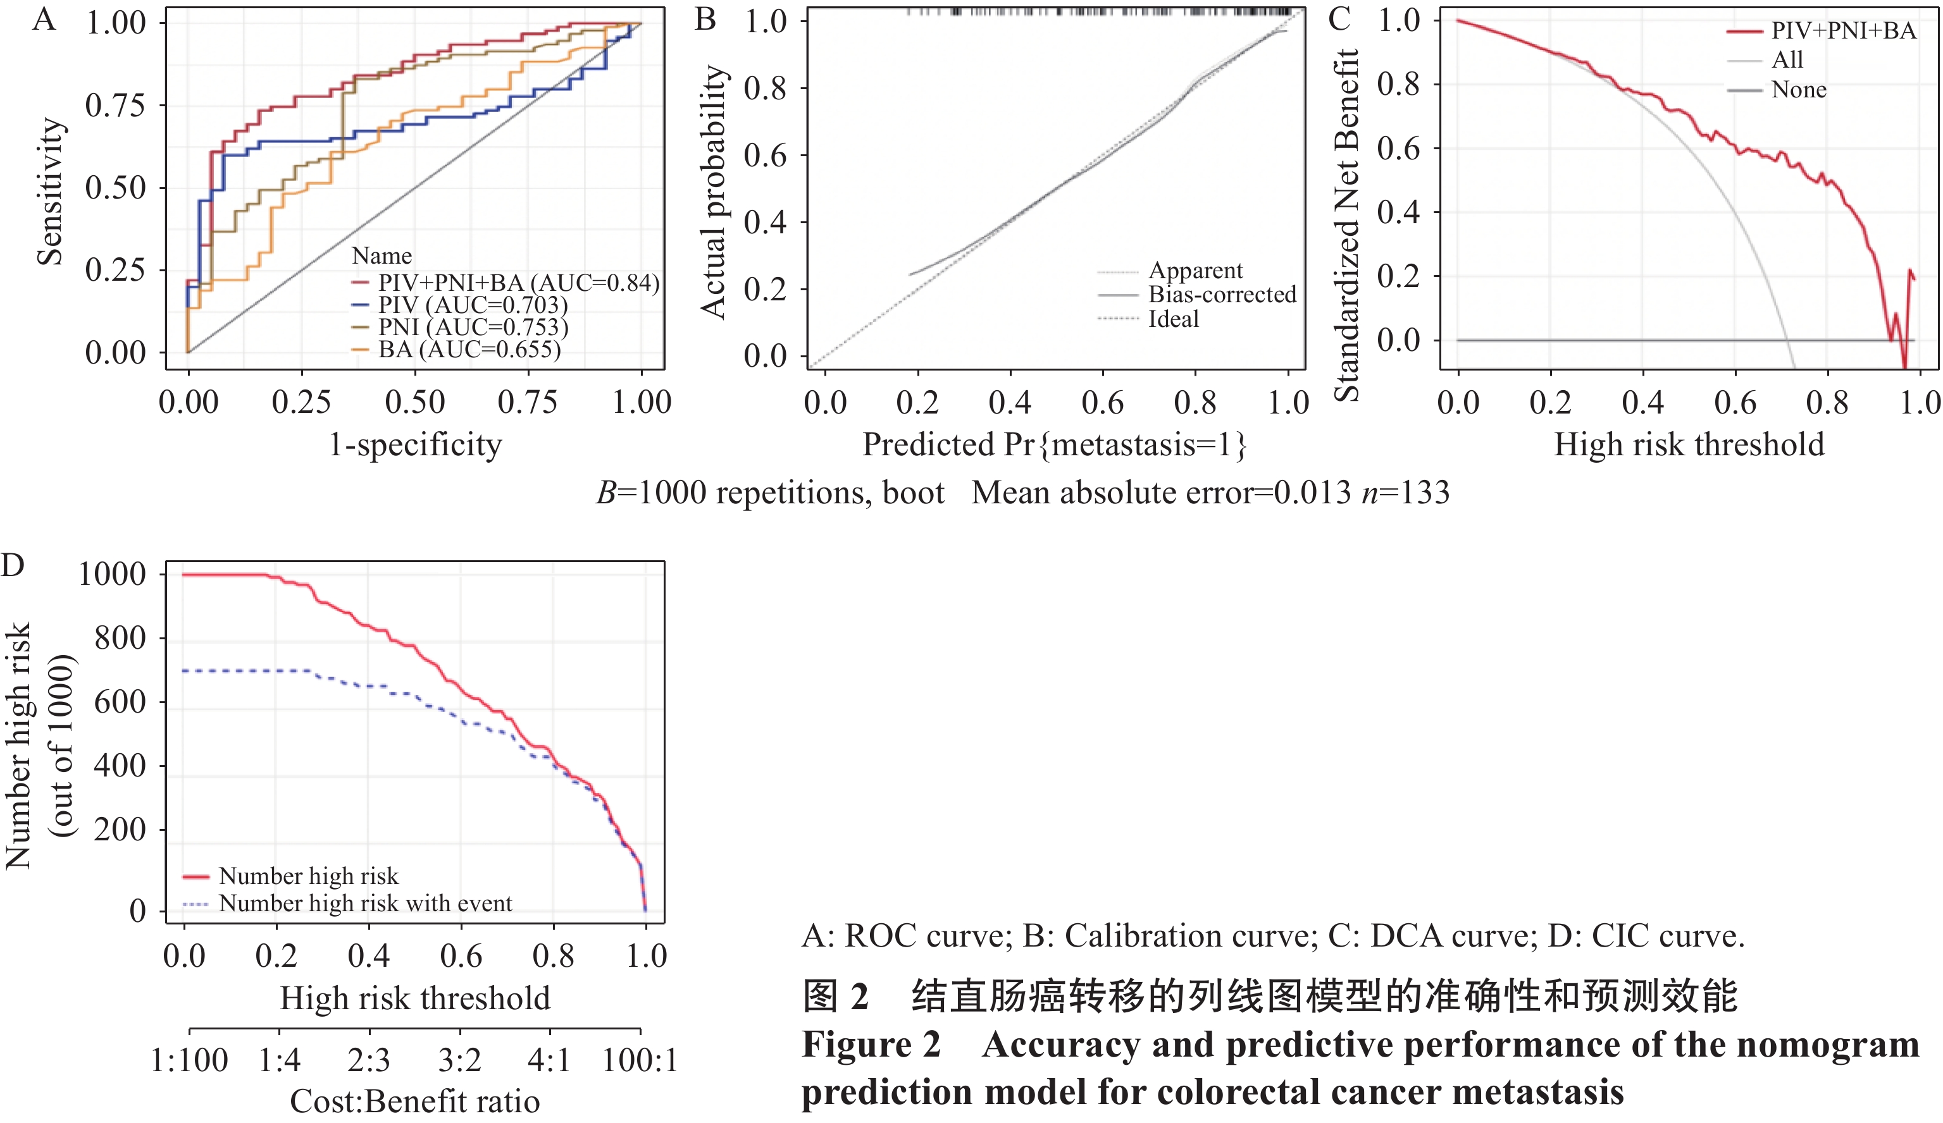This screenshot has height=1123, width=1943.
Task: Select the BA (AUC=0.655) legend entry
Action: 469,350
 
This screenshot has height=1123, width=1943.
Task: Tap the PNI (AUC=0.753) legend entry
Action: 473,328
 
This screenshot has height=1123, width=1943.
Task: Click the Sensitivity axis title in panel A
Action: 50,191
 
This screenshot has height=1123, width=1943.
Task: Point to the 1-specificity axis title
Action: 415,445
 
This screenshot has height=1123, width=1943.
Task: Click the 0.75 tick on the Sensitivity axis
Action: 115,105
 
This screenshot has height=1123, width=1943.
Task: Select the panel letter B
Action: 705,18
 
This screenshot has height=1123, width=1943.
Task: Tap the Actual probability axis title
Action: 714,191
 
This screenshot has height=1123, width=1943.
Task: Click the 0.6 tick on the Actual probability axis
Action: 765,156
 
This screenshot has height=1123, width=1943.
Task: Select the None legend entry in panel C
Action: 1798,89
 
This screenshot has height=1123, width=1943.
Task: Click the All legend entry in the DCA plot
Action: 1787,59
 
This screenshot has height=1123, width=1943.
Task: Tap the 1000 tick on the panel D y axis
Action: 113,574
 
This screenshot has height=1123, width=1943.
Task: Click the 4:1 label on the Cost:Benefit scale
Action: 549,1060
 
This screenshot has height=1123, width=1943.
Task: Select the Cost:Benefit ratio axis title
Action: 415,1102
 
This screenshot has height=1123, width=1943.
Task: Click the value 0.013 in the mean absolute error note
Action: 1312,493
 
